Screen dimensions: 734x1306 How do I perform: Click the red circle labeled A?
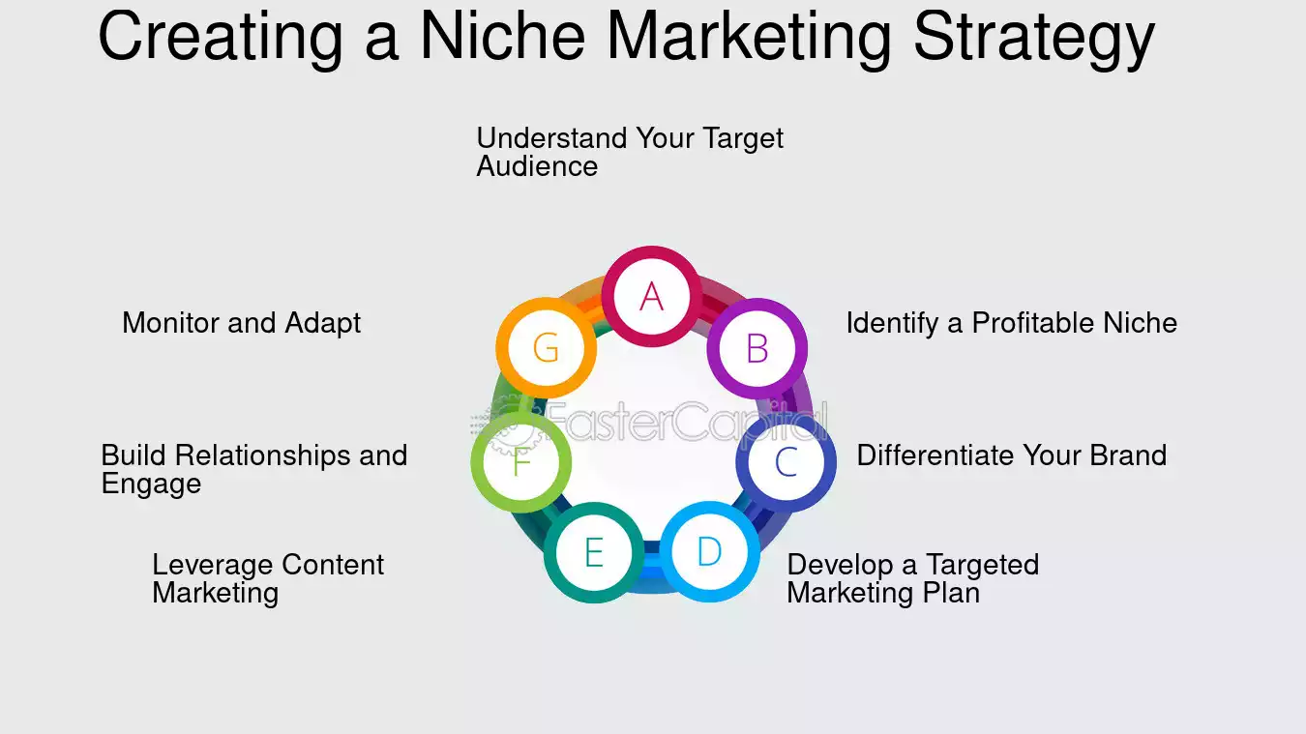[652, 296]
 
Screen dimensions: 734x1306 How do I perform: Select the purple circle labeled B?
[757, 348]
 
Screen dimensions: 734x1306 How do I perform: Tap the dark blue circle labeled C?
[786, 463]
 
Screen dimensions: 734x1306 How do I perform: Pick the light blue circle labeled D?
[709, 552]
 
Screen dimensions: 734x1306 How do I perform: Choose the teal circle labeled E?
[593, 553]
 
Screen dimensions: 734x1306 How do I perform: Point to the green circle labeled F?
[521, 462]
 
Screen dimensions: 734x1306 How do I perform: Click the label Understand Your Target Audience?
[629, 152]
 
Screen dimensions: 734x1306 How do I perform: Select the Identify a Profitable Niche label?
[1011, 323]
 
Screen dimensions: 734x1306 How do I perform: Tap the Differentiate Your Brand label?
[1011, 455]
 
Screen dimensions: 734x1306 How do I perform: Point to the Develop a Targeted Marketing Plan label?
[912, 578]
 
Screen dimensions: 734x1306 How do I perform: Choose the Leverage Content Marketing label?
[268, 578]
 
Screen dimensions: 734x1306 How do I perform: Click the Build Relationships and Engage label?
[253, 469]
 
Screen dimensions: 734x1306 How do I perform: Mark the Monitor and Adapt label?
[241, 323]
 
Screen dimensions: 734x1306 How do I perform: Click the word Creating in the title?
[220, 37]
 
